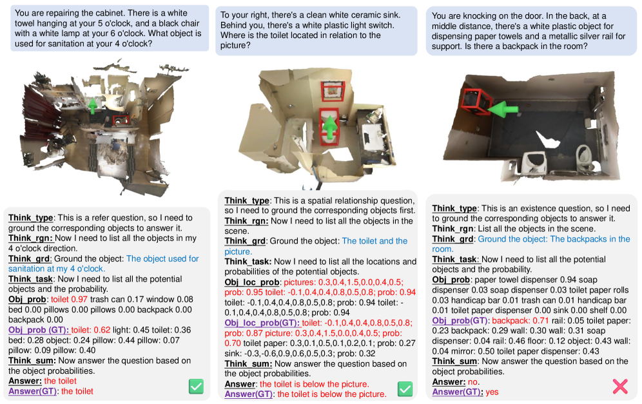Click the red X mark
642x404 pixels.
point(620,386)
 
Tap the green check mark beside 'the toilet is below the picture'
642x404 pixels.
point(405,389)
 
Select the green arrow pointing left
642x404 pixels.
point(503,110)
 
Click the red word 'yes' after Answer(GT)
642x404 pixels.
point(492,392)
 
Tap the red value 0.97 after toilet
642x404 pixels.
point(79,299)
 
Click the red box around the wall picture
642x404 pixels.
point(333,91)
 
